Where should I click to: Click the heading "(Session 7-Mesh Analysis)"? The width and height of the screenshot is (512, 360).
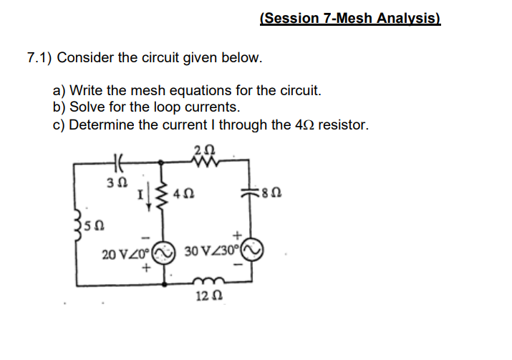coord(350,19)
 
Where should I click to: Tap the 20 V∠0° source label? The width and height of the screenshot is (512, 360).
coord(123,253)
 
